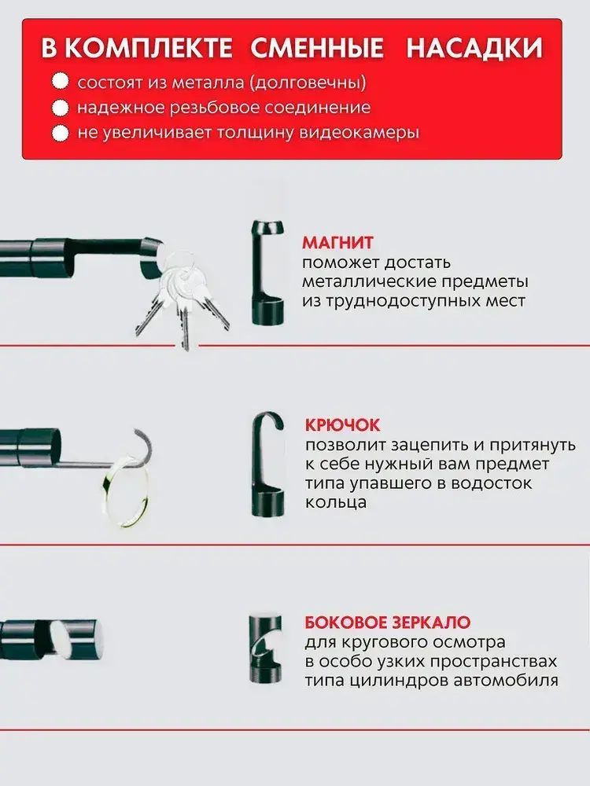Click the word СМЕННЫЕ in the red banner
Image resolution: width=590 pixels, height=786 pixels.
pyautogui.click(x=316, y=49)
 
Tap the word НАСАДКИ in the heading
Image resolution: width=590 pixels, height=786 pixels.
pyautogui.click(x=474, y=49)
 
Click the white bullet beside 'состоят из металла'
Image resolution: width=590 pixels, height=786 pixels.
pyautogui.click(x=61, y=83)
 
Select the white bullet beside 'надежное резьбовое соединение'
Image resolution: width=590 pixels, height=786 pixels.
pyautogui.click(x=61, y=108)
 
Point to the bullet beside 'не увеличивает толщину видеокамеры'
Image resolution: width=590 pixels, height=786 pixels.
pyautogui.click(x=61, y=134)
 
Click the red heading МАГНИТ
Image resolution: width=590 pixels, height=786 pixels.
pyautogui.click(x=337, y=243)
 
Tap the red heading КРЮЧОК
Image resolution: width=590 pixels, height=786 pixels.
pyautogui.click(x=343, y=425)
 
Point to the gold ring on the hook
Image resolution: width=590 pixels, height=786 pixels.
pyautogui.click(x=125, y=491)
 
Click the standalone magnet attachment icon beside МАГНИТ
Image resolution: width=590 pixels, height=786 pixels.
pyautogui.click(x=267, y=270)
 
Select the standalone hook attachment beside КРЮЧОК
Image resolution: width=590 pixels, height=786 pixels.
pyautogui.click(x=267, y=465)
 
